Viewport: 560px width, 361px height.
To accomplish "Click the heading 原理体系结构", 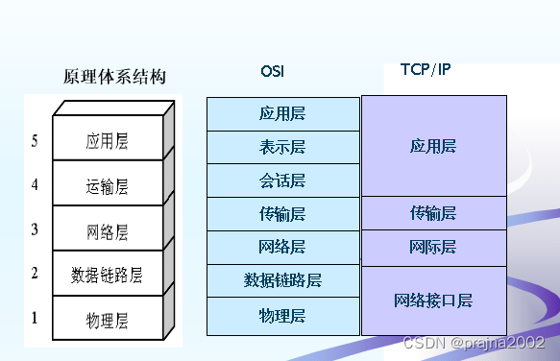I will click(x=114, y=77).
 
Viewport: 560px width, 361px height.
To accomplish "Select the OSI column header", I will click(x=272, y=71).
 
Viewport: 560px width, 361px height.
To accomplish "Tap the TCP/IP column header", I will click(x=425, y=70).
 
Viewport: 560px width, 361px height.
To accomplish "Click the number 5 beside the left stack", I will click(x=35, y=142).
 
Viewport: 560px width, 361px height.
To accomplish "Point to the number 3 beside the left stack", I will click(x=35, y=229).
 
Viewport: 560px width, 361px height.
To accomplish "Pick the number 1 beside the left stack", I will click(x=35, y=317).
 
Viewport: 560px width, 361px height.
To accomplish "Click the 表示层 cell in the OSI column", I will click(x=282, y=147).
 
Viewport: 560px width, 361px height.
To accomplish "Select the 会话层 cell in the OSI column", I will click(x=282, y=180).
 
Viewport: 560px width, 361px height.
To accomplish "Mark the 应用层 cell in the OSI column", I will click(x=282, y=113).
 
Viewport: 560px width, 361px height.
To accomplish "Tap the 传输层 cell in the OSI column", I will click(x=282, y=214).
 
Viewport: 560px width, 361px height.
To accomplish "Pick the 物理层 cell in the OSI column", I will click(x=282, y=315).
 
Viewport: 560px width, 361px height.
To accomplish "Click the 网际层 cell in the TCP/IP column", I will click(x=432, y=248).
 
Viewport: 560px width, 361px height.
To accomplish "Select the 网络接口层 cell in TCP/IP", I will click(x=432, y=301).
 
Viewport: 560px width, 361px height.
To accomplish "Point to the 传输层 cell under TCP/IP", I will click(x=432, y=213).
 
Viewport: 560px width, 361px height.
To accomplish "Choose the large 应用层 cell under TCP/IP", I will click(x=432, y=146).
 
